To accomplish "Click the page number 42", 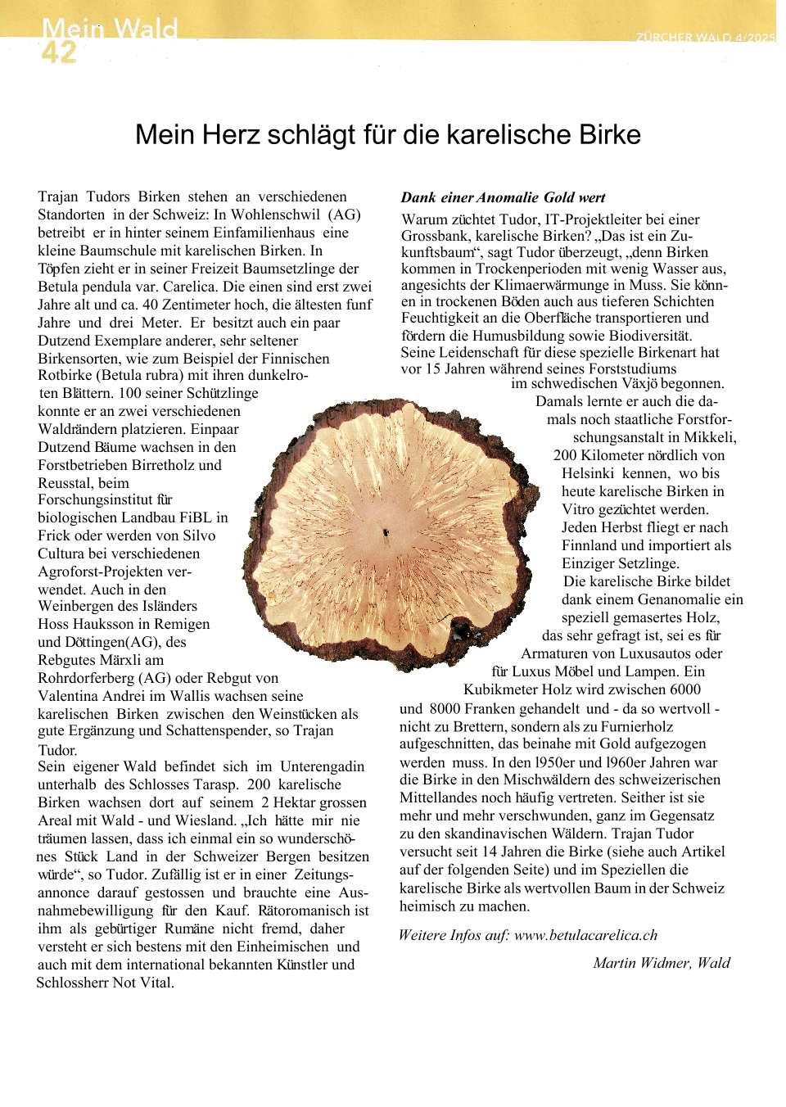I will point(58,52).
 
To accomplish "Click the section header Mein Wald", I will point(110,29).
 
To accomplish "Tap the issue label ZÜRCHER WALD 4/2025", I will point(705,38).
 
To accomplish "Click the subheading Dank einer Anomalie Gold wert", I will point(503,197).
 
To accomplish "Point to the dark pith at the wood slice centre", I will point(386,533).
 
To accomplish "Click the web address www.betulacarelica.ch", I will point(585,935).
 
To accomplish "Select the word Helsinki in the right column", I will point(587,473).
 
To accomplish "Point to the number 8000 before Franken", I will point(445,708).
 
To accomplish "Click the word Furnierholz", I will point(637,726).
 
